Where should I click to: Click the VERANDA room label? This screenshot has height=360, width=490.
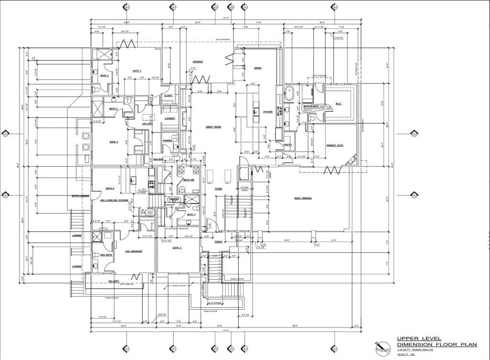198,62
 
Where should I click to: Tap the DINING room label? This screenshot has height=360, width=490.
257,68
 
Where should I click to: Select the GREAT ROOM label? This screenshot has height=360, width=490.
213,127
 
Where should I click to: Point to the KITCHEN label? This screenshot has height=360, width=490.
267,112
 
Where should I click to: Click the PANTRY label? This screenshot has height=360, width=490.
288,145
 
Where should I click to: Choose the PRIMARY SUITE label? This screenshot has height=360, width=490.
334,146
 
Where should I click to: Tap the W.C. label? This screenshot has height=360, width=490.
338,103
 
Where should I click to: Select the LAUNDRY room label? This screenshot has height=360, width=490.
169,118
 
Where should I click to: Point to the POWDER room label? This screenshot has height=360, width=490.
167,141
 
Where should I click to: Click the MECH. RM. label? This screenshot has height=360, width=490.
188,180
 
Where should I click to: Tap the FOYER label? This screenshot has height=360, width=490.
218,189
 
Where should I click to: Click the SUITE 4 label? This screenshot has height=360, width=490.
178,247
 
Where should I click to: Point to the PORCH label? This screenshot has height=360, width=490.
218,242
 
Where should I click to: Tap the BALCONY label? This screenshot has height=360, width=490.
113,281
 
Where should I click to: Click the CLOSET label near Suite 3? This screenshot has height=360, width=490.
168,96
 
